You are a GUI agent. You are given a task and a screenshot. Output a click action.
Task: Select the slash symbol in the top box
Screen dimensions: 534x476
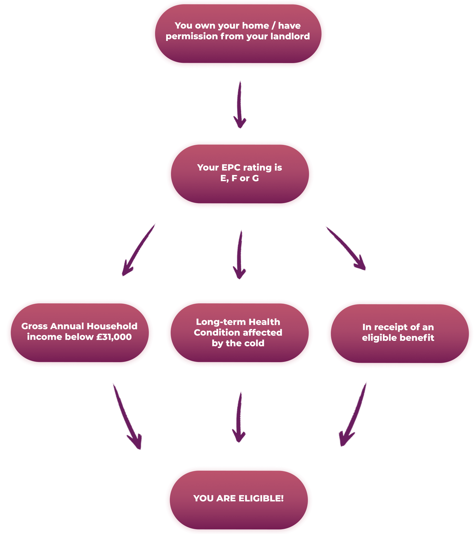[273, 26]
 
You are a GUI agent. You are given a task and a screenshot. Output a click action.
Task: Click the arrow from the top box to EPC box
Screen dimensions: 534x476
[239, 105]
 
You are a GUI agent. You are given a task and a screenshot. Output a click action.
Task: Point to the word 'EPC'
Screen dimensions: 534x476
[231, 168]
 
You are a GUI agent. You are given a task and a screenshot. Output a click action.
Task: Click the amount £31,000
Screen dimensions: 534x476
[114, 337]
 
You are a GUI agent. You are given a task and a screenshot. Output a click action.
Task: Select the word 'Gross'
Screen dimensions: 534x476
[34, 326]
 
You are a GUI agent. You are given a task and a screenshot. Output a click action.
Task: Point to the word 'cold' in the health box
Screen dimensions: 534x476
[255, 343]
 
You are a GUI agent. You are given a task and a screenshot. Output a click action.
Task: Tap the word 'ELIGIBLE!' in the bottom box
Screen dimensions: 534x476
[261, 498]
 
